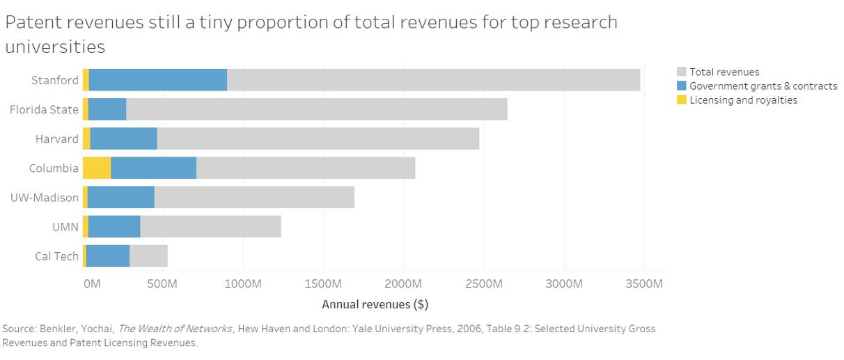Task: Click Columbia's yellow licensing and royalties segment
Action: [97, 168]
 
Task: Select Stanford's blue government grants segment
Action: [158, 80]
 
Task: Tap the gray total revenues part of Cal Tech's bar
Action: [148, 256]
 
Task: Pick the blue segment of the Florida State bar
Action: [107, 109]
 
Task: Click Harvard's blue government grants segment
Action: [123, 139]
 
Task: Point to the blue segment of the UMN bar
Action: [114, 227]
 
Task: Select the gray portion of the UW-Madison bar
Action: [254, 198]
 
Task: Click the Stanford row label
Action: [55, 80]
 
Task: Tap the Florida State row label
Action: [44, 109]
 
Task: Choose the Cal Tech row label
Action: [56, 256]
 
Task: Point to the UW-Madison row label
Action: [45, 198]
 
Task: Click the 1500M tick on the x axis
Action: [323, 284]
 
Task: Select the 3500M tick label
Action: [643, 284]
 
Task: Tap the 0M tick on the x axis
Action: [91, 284]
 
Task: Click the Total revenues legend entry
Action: [724, 72]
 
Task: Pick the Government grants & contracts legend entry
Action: [763, 86]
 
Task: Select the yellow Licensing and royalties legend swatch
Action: [682, 100]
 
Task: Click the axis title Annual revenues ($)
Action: [375, 304]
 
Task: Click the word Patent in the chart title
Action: [33, 22]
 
